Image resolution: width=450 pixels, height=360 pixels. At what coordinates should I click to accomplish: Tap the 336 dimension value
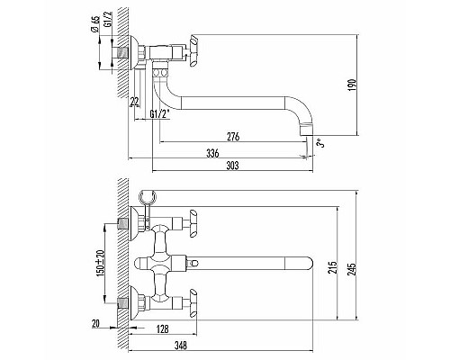pyautogui.click(x=212, y=154)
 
